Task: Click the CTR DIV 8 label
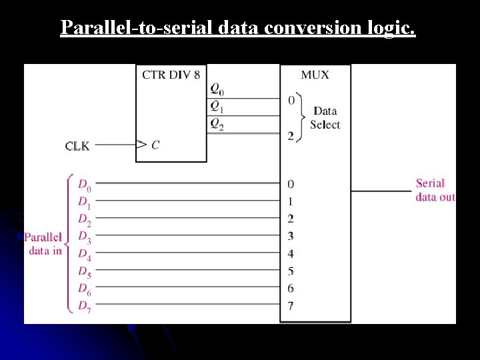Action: pos(171,75)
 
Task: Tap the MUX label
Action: pos(315,75)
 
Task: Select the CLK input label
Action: pos(77,146)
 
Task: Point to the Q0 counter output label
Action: pos(217,89)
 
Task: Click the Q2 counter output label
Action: pos(217,123)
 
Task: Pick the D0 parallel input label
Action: pos(85,185)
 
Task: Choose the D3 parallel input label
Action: pos(85,237)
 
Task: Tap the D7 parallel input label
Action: pos(85,307)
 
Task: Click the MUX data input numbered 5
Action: pos(291,271)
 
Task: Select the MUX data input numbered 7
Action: pos(291,305)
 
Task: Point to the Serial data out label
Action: pos(435,190)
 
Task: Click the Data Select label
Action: pos(325,118)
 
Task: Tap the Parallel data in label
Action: pos(44,244)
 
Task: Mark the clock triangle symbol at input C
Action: pos(141,144)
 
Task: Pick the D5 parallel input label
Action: pos(85,272)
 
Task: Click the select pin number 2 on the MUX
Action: pos(291,136)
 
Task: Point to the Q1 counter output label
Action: pos(217,106)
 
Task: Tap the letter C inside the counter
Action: pos(155,145)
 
